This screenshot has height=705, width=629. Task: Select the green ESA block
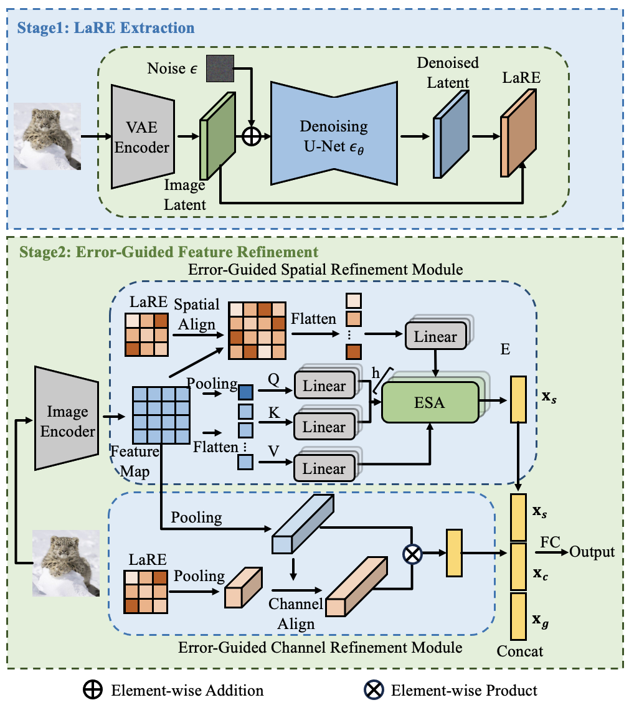(x=430, y=402)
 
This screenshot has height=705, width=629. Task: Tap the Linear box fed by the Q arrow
(x=324, y=386)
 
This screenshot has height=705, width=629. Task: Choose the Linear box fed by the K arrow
(x=324, y=427)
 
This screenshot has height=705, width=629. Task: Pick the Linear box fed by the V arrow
(x=324, y=468)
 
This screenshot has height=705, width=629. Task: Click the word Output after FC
(x=592, y=552)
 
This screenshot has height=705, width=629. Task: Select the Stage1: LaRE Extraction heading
(x=106, y=29)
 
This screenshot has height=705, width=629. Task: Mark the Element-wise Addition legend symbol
(x=92, y=689)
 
